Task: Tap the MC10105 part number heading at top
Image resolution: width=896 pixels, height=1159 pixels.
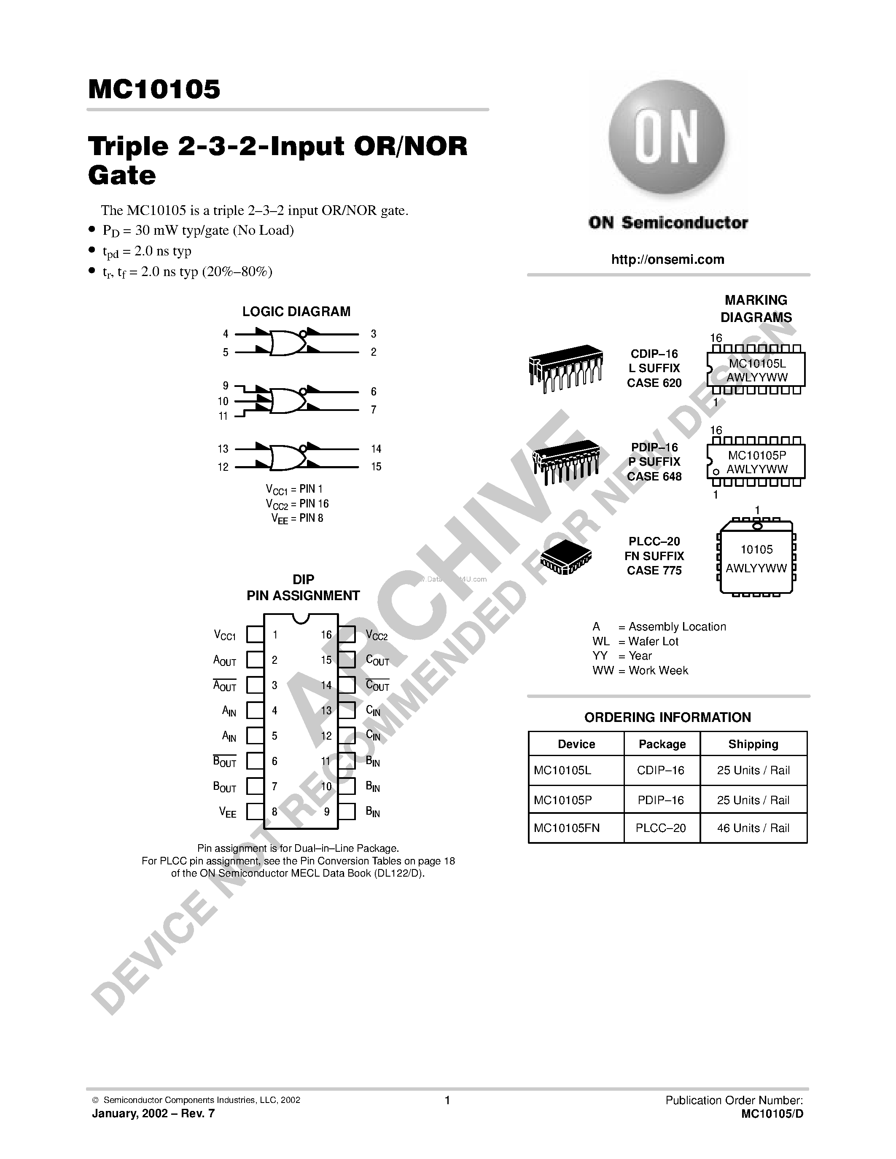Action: [x=154, y=89]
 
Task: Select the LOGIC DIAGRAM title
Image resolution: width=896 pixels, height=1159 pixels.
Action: [x=296, y=311]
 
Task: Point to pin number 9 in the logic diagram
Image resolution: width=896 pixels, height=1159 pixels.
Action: [x=226, y=386]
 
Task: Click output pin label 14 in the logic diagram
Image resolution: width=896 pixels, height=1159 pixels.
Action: [x=376, y=449]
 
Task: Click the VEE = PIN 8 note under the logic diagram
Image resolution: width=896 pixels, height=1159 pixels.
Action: [x=297, y=518]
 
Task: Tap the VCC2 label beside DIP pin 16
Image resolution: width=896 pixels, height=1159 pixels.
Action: [x=377, y=635]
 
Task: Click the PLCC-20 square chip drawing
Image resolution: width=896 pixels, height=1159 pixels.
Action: [x=565, y=557]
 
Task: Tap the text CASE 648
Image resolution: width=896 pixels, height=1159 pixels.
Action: [x=654, y=477]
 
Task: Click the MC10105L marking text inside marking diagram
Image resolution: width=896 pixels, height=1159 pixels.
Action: [x=757, y=364]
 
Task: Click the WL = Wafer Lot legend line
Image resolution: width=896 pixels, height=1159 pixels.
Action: [x=635, y=641]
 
